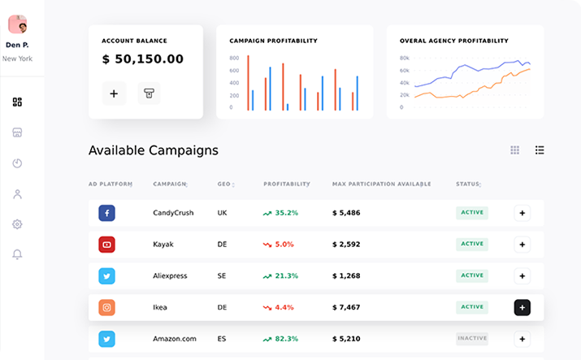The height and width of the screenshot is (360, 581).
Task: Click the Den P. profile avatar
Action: pyautogui.click(x=18, y=24)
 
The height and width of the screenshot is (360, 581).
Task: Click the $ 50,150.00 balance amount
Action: pyautogui.click(x=143, y=59)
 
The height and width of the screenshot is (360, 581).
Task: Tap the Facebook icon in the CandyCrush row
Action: pyautogui.click(x=107, y=213)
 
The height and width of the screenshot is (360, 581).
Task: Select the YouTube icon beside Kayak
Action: pyautogui.click(x=107, y=244)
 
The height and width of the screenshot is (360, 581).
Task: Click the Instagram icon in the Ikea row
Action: pyautogui.click(x=107, y=307)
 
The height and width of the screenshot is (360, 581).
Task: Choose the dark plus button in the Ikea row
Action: pyautogui.click(x=522, y=307)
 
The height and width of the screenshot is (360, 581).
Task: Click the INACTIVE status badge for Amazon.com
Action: pyautogui.click(x=472, y=338)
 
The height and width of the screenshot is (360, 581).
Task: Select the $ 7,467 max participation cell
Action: pyautogui.click(x=346, y=307)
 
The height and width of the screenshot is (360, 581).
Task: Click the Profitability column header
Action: pyautogui.click(x=286, y=184)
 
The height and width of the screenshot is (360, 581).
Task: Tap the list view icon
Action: pyautogui.click(x=540, y=150)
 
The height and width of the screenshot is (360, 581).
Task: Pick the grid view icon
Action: pyautogui.click(x=514, y=150)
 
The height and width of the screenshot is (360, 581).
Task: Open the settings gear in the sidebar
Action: pyautogui.click(x=18, y=224)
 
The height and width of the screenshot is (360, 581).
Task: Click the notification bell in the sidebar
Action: pyautogui.click(x=18, y=254)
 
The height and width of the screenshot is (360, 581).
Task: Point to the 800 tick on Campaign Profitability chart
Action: pyautogui.click(x=234, y=59)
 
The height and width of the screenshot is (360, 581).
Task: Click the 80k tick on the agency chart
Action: pyautogui.click(x=404, y=59)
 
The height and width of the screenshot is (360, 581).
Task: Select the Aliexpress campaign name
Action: pyautogui.click(x=170, y=275)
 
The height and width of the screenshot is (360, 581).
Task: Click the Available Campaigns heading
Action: pyautogui.click(x=153, y=150)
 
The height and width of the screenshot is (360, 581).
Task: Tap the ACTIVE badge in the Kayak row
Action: pyautogui.click(x=472, y=244)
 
